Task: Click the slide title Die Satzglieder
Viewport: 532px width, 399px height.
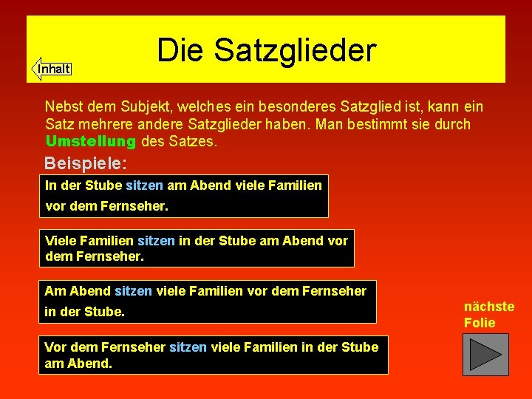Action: point(267,50)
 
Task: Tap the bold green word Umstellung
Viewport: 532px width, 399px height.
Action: point(90,141)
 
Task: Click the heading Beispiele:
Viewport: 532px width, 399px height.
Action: point(86,163)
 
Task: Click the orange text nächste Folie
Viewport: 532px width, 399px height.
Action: point(488,315)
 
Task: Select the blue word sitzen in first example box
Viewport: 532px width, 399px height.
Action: point(145,185)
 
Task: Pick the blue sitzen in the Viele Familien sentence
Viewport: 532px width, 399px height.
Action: point(157,240)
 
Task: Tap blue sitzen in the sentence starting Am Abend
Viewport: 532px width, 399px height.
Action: point(134,291)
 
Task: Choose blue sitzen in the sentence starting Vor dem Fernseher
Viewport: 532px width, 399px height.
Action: point(188,347)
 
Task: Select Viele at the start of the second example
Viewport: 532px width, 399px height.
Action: point(61,240)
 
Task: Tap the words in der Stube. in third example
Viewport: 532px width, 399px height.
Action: point(84,312)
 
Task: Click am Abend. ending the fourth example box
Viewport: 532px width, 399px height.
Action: point(78,364)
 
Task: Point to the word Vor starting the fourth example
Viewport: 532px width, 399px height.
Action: point(55,347)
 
